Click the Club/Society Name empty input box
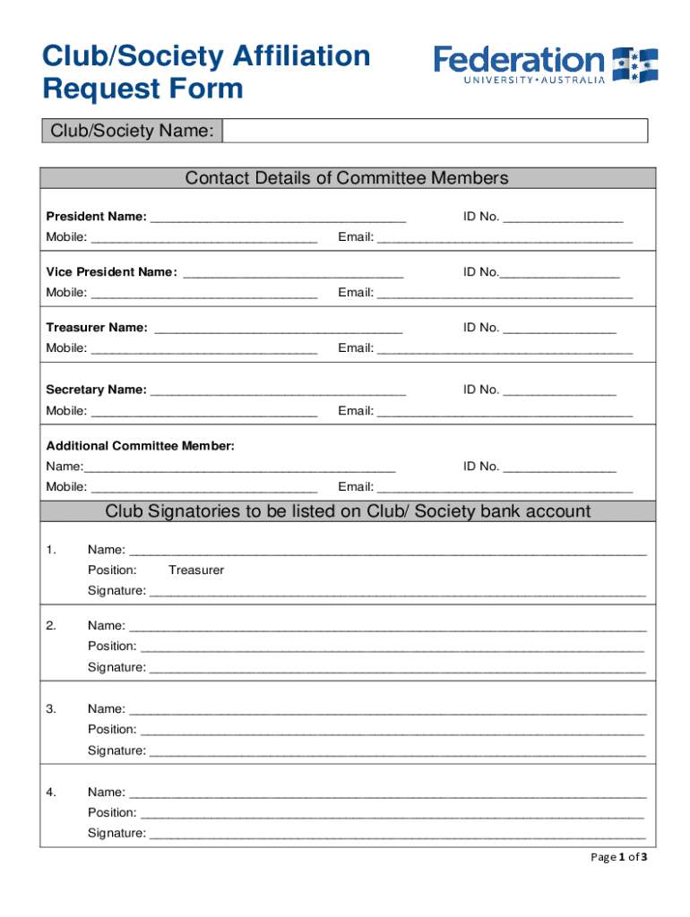(x=435, y=132)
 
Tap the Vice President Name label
(x=112, y=272)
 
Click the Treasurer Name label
(x=98, y=328)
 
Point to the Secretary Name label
(x=97, y=390)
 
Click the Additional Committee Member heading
(x=141, y=446)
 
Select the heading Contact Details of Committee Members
(x=347, y=178)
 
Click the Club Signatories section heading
(x=348, y=511)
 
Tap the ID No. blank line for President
(x=563, y=219)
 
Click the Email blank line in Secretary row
(x=505, y=413)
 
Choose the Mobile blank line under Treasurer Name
(x=204, y=350)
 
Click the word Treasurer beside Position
(x=196, y=570)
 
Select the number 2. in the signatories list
(x=51, y=626)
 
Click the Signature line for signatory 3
(x=397, y=752)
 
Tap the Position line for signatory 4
(x=392, y=815)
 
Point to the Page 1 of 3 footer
(x=618, y=857)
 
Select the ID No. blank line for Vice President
(x=560, y=274)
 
